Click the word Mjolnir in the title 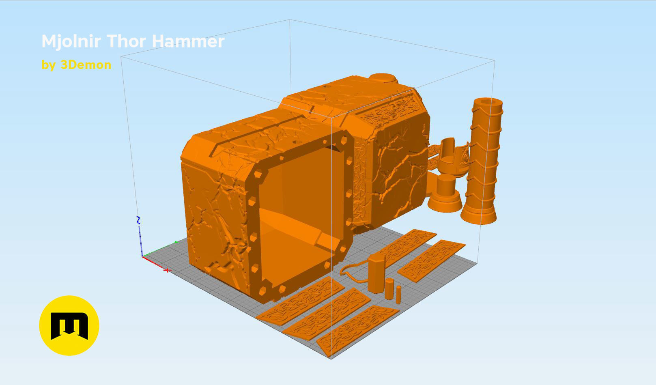(x=71, y=41)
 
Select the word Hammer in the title (x=188, y=41)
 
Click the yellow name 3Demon (x=86, y=65)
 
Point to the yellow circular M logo (x=69, y=326)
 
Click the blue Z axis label (x=138, y=220)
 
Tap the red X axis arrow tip (x=167, y=270)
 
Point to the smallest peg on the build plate (x=398, y=295)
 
